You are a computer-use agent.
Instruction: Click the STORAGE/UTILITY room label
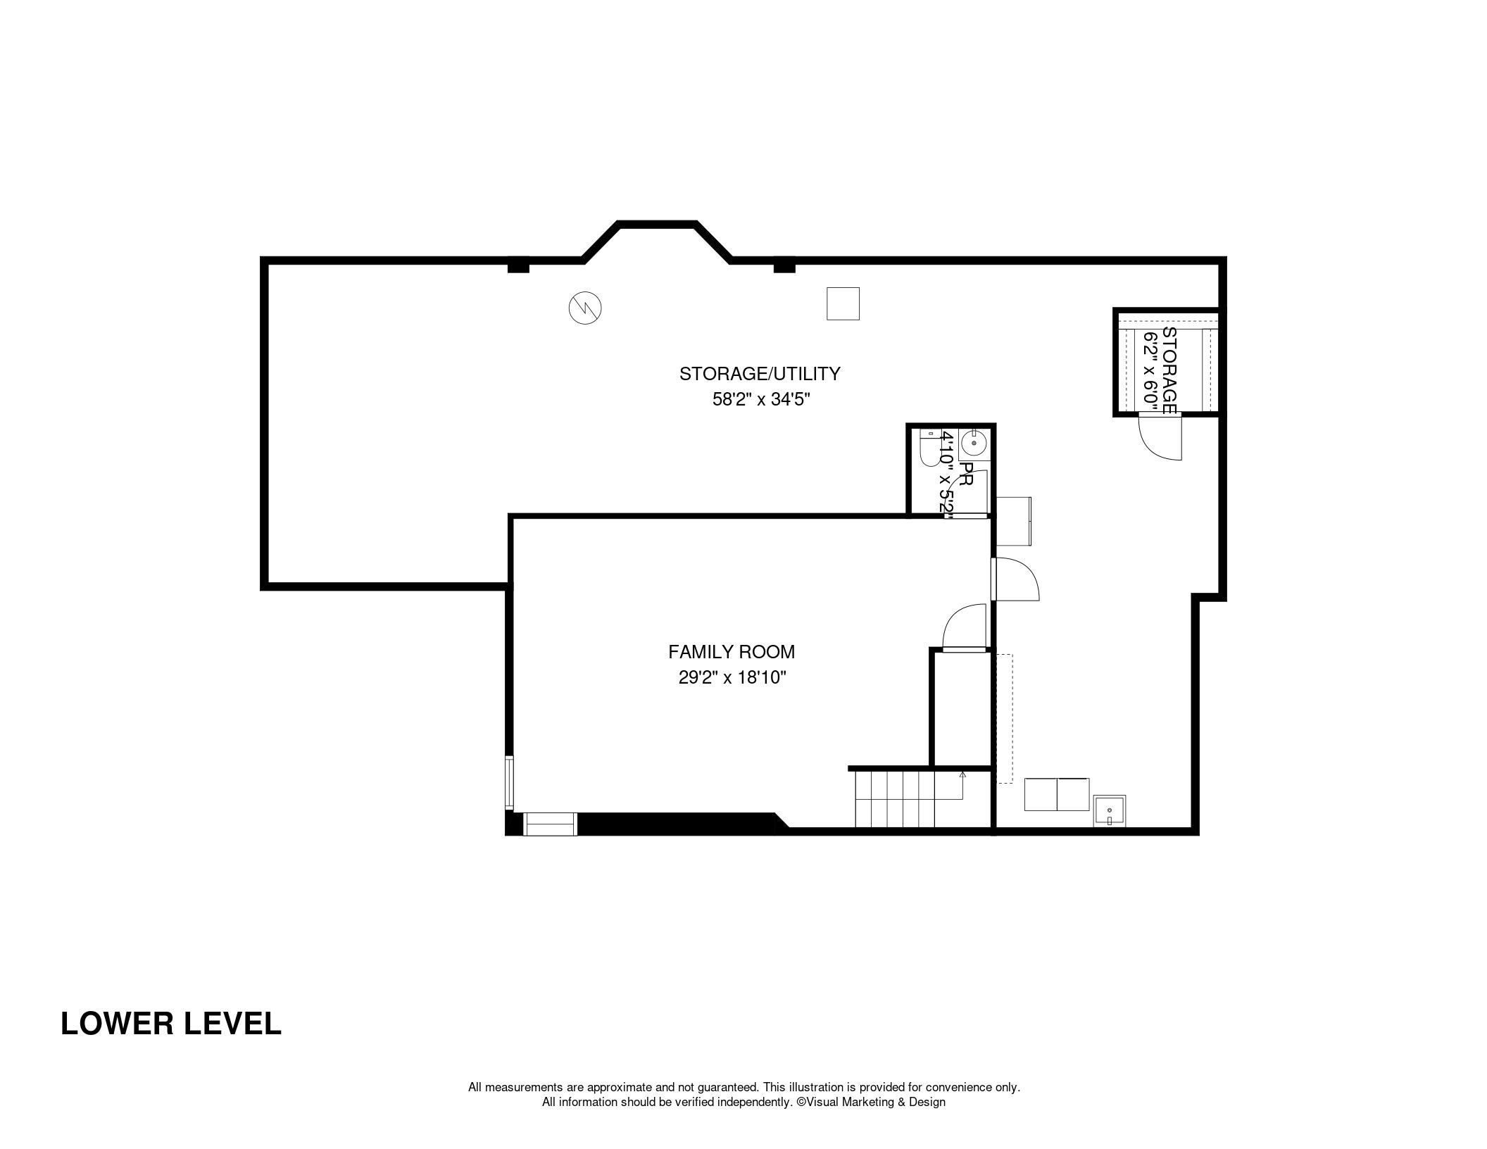(x=760, y=373)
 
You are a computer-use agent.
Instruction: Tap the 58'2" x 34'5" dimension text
(x=761, y=399)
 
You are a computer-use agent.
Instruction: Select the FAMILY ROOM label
(x=732, y=652)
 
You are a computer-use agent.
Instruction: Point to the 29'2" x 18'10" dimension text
(x=732, y=677)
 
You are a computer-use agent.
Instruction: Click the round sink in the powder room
(x=974, y=444)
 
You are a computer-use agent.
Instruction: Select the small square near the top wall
(x=843, y=303)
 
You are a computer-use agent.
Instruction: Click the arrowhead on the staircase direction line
(x=962, y=774)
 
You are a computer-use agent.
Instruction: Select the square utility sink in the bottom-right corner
(x=1110, y=810)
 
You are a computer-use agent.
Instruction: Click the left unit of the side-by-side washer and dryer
(x=1041, y=794)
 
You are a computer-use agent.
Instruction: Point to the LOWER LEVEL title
(x=171, y=1023)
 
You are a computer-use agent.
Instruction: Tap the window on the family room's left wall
(x=509, y=780)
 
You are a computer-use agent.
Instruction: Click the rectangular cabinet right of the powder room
(x=1013, y=520)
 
